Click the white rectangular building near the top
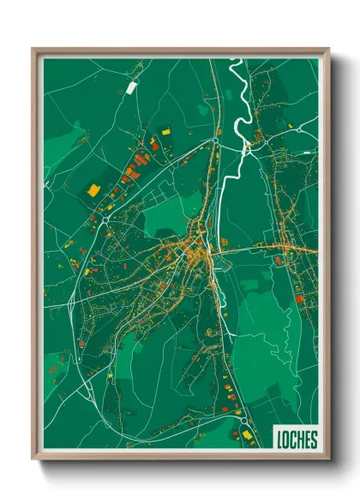pos(131,87)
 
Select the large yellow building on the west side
pos(93,189)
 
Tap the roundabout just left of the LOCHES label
pos(246,422)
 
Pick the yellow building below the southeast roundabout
pos(249,435)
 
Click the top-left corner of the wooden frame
pos(34,50)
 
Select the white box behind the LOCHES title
pos(296,440)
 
